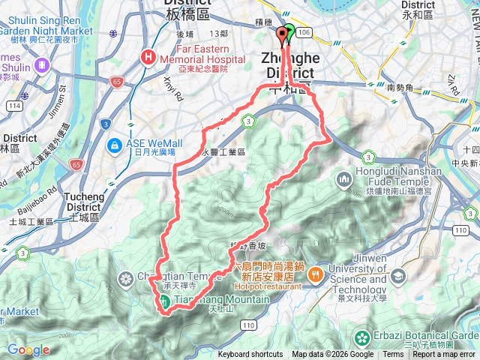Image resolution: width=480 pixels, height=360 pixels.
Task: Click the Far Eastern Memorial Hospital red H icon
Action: [x=149, y=56]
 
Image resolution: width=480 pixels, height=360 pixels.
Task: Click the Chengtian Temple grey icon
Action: [x=125, y=280]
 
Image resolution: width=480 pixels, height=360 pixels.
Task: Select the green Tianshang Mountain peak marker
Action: [x=163, y=301]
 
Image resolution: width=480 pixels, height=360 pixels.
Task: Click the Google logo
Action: [x=28, y=349]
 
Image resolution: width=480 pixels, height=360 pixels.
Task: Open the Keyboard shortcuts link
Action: [x=250, y=355]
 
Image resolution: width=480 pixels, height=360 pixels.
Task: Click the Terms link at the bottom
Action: [x=393, y=355]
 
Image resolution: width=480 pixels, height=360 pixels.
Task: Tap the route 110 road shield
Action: [x=249, y=324]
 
